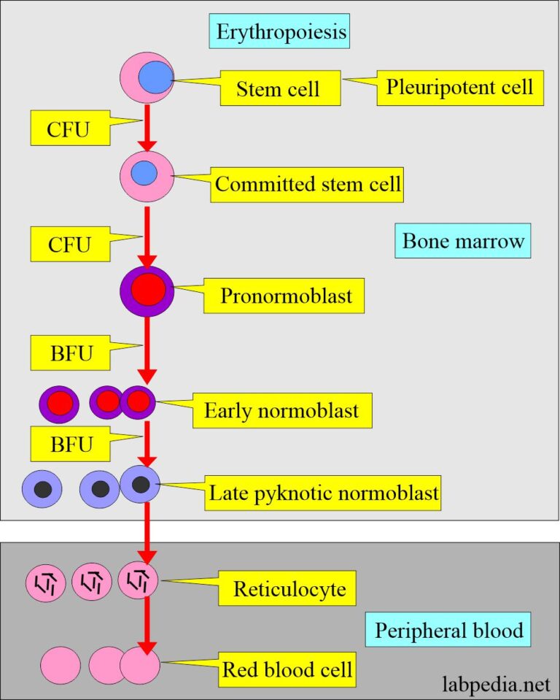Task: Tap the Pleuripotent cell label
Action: (x=460, y=88)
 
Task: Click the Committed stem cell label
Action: (x=307, y=184)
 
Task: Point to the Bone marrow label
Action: (x=463, y=241)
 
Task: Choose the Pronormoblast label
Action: (x=286, y=296)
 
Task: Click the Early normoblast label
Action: (x=281, y=410)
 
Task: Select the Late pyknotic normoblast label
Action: (x=324, y=494)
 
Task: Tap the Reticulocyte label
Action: (x=289, y=588)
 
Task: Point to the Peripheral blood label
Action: (x=448, y=630)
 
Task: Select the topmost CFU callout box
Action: (x=68, y=129)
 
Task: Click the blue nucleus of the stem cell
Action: (x=155, y=77)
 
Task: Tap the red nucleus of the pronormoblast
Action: (x=147, y=291)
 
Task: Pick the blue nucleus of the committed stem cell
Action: (x=144, y=173)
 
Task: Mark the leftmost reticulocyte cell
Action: (x=46, y=582)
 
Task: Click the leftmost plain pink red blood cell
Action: (x=61, y=666)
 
